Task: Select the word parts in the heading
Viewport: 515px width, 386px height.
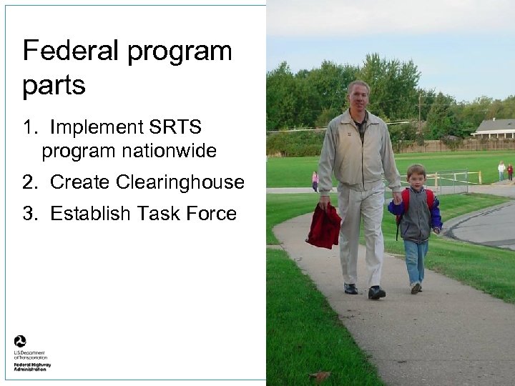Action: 54,86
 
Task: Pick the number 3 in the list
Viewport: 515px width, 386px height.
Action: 28,213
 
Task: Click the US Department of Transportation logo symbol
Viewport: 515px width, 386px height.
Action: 20,342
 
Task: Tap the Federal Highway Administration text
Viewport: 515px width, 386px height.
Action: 33,367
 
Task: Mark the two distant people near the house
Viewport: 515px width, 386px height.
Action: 505,171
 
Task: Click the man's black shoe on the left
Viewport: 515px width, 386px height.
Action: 350,288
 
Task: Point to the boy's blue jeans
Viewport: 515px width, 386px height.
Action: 415,261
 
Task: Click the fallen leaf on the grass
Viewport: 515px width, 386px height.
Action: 320,375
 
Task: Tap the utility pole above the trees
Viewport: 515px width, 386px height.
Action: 420,107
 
